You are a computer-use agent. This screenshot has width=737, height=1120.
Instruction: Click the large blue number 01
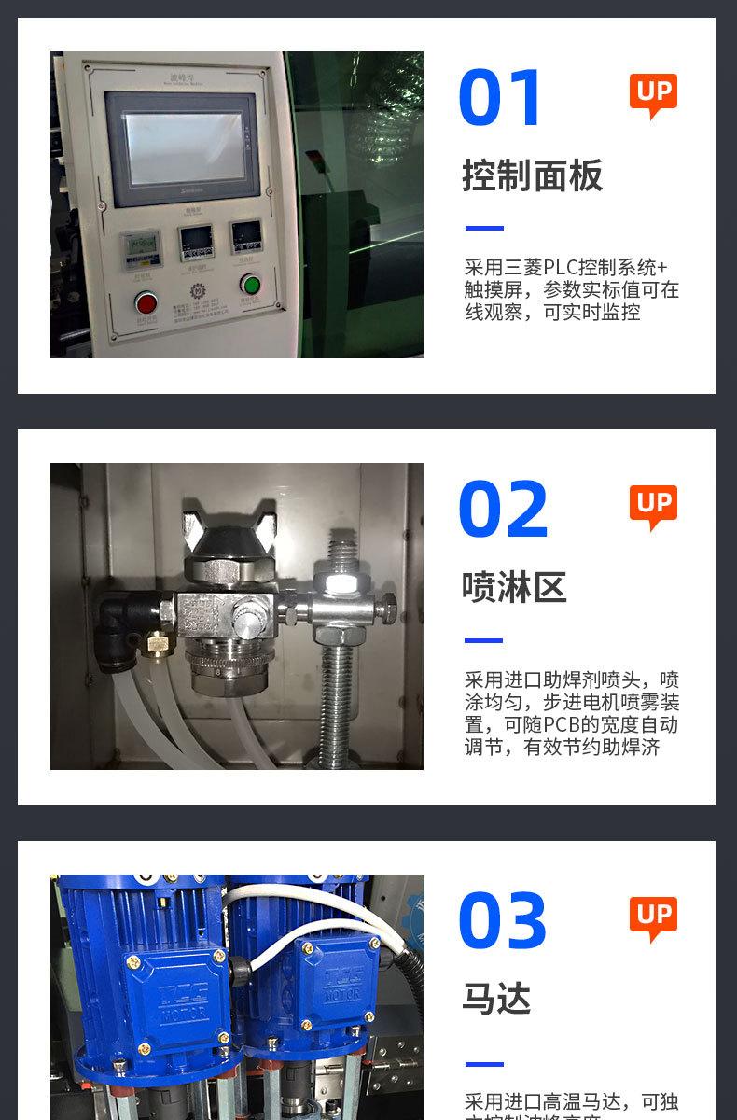tap(501, 98)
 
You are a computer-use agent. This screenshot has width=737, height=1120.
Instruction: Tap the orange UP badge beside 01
tap(653, 93)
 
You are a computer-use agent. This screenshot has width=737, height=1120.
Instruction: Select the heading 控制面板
tap(533, 176)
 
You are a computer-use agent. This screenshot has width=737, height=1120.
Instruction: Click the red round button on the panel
tap(146, 302)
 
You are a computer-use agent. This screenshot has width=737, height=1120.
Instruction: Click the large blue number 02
tap(503, 510)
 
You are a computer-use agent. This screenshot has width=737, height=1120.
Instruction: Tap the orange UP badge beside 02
tap(653, 505)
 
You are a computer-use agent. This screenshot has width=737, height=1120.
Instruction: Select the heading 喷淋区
tap(514, 588)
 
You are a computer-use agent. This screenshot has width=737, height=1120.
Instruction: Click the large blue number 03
tap(503, 921)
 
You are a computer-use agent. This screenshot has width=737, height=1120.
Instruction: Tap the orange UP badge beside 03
tap(653, 917)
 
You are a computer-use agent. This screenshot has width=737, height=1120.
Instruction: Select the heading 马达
tap(496, 1000)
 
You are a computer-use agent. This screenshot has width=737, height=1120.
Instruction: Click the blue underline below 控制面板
tap(484, 228)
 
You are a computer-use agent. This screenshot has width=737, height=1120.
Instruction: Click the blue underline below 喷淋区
tap(484, 640)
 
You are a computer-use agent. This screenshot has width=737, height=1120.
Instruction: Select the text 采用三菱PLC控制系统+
tap(566, 267)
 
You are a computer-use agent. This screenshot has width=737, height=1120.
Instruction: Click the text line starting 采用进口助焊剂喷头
tap(571, 679)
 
